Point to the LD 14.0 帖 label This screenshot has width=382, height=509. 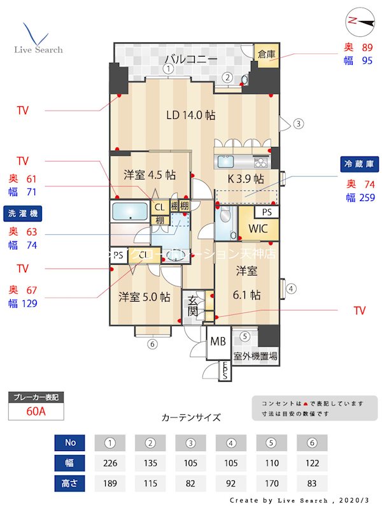[x=190, y=115]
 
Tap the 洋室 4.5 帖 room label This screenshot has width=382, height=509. [x=150, y=174]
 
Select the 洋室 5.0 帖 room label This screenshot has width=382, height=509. [x=144, y=296]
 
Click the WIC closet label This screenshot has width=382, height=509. [x=258, y=228]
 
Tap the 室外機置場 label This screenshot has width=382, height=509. [x=255, y=356]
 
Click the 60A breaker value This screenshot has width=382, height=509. [x=36, y=411]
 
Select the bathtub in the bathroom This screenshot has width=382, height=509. [x=130, y=211]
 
